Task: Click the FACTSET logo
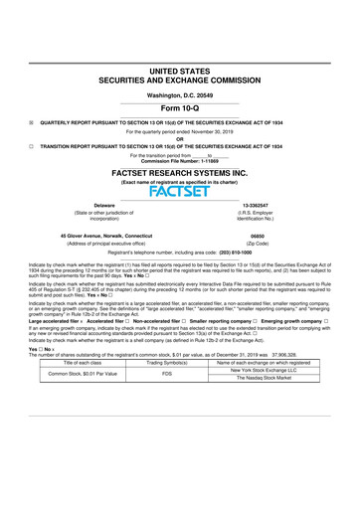coord(180,191)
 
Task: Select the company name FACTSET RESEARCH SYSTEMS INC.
coord(180,172)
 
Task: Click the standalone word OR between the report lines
coord(180,138)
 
